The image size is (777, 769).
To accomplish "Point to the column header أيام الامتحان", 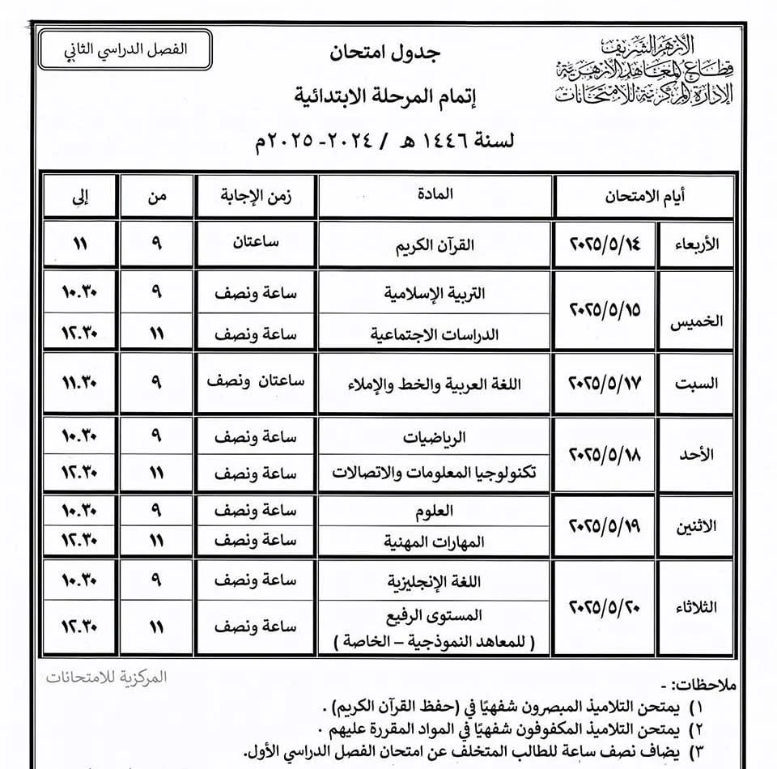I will pos(644,195).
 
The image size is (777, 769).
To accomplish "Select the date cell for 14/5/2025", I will pos(607,244).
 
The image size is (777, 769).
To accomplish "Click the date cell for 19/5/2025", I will pos(607,525).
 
